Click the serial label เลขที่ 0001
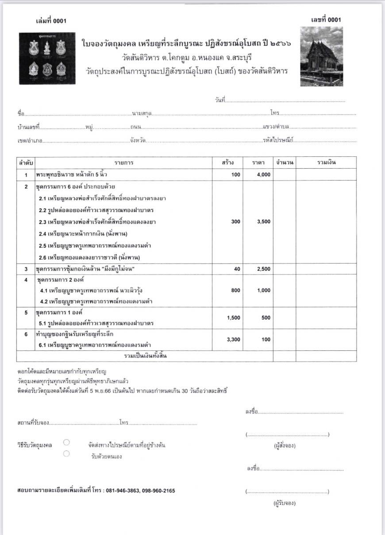326,19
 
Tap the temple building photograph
321,56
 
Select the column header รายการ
123,163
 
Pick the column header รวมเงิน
327,163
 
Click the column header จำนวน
285,163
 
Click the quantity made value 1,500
233,318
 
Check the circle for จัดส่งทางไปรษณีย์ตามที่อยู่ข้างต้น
66,442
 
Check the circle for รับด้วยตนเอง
66,453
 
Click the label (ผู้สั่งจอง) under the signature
285,445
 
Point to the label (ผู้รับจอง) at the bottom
285,503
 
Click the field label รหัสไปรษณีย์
277,140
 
